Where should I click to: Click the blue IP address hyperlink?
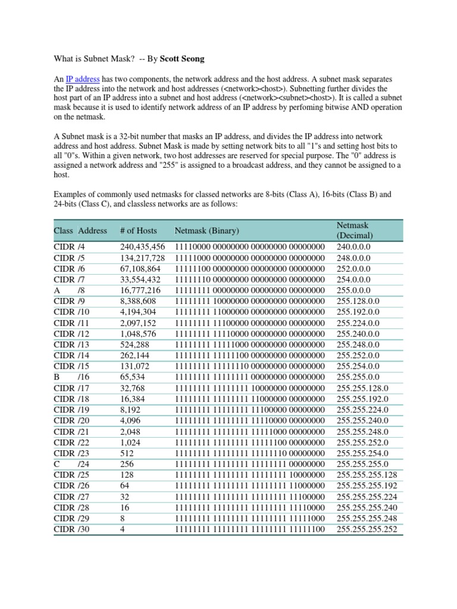point(83,79)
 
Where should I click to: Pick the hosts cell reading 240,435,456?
point(142,247)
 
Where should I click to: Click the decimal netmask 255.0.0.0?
point(353,290)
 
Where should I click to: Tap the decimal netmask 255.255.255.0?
point(362,464)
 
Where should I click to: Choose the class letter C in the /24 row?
point(57,464)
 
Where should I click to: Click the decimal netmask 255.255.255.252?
point(367,529)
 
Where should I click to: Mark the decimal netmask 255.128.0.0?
point(358,301)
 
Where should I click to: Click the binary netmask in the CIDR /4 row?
point(250,247)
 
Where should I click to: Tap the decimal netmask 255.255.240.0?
point(362,420)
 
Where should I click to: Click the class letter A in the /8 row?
point(57,290)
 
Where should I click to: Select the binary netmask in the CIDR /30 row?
point(250,529)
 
